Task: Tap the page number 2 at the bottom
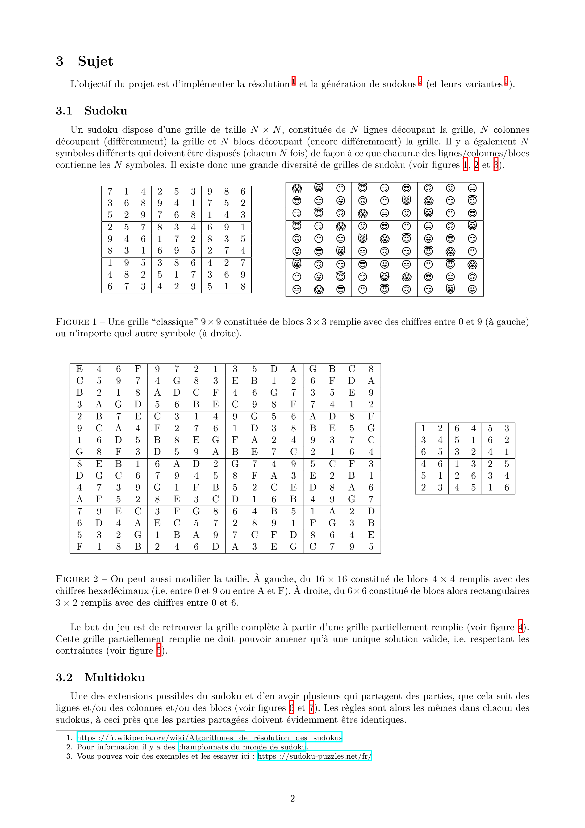tap(292, 798)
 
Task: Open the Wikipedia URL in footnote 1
tap(209, 738)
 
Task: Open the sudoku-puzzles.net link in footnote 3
tap(314, 756)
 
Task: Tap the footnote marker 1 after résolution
tap(293, 81)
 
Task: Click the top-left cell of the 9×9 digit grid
tap(110, 191)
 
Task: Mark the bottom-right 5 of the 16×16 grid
tap(371, 547)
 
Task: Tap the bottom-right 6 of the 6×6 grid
tap(506, 488)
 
